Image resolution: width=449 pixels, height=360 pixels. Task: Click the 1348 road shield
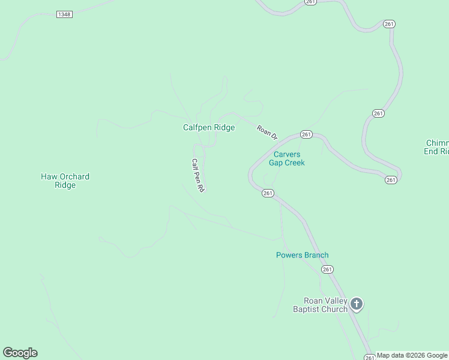pos(64,14)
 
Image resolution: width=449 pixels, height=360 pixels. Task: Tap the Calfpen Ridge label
pos(209,127)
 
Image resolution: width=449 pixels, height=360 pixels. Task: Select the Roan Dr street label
pos(267,133)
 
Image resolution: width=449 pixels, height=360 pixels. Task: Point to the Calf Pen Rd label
pos(198,175)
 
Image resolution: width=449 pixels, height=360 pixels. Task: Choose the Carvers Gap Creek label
pos(286,158)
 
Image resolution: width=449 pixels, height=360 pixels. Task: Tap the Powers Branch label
pos(302,255)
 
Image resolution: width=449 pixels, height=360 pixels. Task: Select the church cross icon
pos(357,304)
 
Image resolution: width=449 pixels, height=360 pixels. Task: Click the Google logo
pos(20,353)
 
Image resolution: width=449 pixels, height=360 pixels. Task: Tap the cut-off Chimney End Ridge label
pos(437,148)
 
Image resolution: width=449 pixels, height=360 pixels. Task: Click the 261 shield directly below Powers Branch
pos(327,270)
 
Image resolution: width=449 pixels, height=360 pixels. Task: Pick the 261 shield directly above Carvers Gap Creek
pos(306,134)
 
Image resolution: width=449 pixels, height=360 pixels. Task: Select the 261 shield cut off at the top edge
pos(310,2)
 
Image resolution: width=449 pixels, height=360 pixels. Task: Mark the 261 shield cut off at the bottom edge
pos(370,358)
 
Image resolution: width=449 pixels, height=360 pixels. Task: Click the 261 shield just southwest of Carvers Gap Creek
pos(268,193)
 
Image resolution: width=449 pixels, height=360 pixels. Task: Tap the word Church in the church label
pos(335,309)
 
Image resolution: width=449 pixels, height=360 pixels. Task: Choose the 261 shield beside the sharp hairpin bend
pos(391,180)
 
